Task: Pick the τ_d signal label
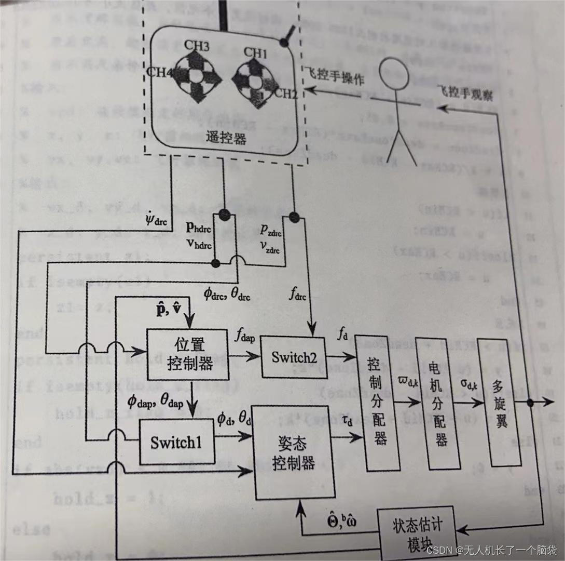347,421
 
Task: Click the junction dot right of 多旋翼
531,403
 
